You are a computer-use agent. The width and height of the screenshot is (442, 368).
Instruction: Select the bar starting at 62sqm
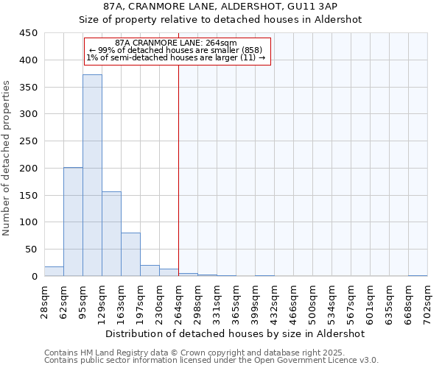73,222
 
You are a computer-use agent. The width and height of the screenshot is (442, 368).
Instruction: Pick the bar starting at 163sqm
130,254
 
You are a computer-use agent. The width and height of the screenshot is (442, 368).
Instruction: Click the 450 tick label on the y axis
28,33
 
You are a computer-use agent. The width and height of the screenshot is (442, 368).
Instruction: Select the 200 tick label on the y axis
28,168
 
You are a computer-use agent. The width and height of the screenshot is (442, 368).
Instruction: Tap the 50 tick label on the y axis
31,249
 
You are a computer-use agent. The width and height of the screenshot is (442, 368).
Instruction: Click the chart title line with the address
220,6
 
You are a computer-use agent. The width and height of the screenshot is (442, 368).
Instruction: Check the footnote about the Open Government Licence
211,360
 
